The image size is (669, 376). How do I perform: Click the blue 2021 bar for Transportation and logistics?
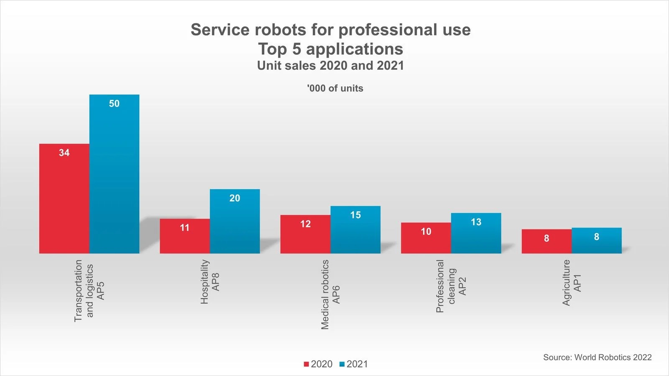[114, 175]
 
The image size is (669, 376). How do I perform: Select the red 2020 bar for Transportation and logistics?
[64, 201]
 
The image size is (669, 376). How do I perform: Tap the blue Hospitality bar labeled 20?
[235, 224]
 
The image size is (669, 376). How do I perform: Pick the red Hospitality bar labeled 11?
[184, 238]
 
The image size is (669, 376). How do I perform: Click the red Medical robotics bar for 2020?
[305, 236]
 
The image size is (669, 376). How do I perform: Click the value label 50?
[114, 104]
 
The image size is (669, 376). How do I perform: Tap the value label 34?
[64, 153]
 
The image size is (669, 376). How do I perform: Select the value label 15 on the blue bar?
[355, 215]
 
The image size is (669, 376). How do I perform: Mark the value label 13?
[476, 222]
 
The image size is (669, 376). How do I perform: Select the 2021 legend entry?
[354, 364]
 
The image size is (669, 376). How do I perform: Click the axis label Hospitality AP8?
[209, 282]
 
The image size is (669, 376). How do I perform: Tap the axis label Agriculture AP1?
[572, 283]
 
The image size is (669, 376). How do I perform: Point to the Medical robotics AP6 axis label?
[330, 295]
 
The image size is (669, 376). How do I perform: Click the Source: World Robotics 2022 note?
[597, 357]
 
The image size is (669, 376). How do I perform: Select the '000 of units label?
[335, 88]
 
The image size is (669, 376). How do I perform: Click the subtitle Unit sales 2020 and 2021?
[330, 66]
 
